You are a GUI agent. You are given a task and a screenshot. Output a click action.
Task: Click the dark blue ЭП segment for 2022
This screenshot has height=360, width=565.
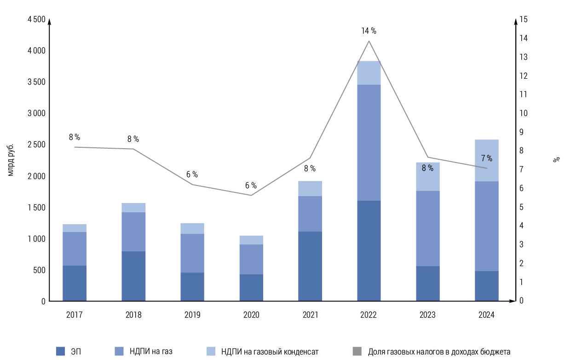pos(369,251)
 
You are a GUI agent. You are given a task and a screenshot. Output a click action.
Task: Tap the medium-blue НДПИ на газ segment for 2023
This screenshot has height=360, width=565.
pos(427,228)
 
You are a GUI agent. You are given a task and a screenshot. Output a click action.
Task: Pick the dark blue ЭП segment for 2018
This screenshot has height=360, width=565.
pos(133,276)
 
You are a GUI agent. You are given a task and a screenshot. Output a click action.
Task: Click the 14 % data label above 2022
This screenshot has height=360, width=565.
pos(369,31)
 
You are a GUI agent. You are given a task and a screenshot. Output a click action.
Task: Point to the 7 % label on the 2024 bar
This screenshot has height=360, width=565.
pos(486,159)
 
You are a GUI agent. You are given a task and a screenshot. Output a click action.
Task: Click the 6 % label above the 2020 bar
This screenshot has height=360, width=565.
pos(251,186)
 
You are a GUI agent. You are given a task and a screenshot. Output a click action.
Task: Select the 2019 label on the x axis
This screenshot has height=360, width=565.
pos(192,315)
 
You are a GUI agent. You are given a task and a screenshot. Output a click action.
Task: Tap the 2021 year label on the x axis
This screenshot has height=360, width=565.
pos(310,315)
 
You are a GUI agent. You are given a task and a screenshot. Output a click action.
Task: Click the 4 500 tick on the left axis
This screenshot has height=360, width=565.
pos(36,19)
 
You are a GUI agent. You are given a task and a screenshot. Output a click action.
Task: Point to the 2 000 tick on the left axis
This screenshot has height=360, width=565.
pos(36,176)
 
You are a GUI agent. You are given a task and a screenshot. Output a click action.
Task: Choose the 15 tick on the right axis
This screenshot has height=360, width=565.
pos(524,19)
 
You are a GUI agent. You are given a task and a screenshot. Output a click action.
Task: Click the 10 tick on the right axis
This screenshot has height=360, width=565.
pos(524,113)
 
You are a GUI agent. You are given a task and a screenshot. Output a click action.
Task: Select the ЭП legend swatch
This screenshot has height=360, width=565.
pos(60,351)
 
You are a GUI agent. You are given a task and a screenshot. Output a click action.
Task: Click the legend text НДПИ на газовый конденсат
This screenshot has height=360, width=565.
pos(270,352)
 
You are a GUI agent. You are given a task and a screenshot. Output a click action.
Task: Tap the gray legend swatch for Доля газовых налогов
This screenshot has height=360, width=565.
pos(357,351)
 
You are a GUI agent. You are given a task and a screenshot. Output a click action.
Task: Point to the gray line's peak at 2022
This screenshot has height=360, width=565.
pos(369,41)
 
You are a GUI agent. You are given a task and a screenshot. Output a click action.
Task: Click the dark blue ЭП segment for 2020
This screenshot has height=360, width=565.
pos(251,288)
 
